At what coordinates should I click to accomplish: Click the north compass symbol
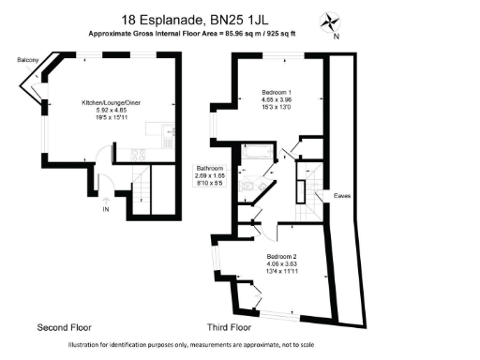(x=332, y=22)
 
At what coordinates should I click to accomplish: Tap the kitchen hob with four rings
(x=137, y=155)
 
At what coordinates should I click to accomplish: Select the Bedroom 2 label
(x=281, y=257)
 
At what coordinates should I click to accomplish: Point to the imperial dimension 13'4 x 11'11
(x=281, y=273)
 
